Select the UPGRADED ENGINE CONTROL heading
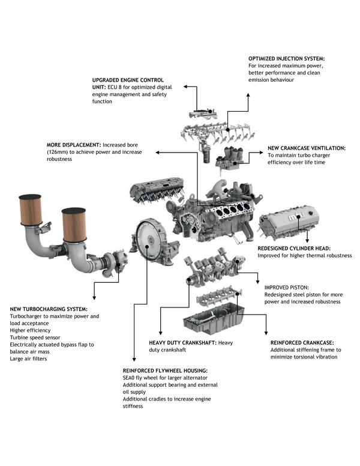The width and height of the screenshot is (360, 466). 128,80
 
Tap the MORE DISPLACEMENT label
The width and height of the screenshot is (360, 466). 74,145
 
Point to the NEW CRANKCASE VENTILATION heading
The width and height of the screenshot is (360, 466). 307,148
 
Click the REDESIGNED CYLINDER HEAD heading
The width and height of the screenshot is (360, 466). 294,247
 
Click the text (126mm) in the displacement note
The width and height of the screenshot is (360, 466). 61,152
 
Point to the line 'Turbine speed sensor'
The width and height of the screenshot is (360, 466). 37,337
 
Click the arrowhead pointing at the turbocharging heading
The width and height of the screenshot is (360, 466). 94,297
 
